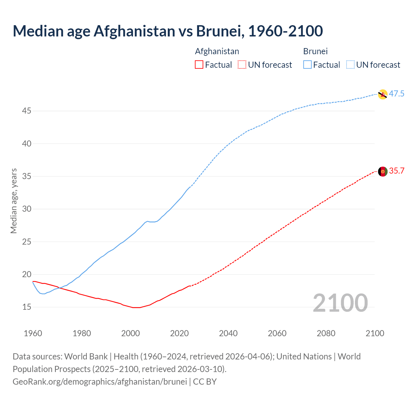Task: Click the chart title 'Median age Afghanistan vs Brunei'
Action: (167, 31)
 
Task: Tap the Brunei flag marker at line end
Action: (382, 94)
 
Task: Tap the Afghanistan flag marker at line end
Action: (382, 171)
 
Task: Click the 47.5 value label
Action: (397, 94)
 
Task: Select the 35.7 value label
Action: (397, 171)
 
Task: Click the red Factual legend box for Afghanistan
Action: (199, 65)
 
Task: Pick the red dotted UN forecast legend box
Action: (242, 65)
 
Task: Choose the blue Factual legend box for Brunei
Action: (307, 65)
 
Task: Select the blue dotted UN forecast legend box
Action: (350, 65)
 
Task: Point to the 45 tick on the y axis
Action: (27, 111)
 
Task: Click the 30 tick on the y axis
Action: (27, 209)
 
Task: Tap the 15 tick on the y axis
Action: (27, 307)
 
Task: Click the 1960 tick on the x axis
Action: (33, 333)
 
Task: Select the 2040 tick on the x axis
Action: (228, 333)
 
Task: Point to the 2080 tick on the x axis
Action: (326, 333)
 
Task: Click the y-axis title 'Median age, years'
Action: (14, 201)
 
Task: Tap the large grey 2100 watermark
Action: (340, 303)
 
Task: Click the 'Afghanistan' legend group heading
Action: (217, 51)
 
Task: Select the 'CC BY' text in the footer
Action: (205, 382)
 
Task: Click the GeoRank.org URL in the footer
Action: (100, 382)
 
